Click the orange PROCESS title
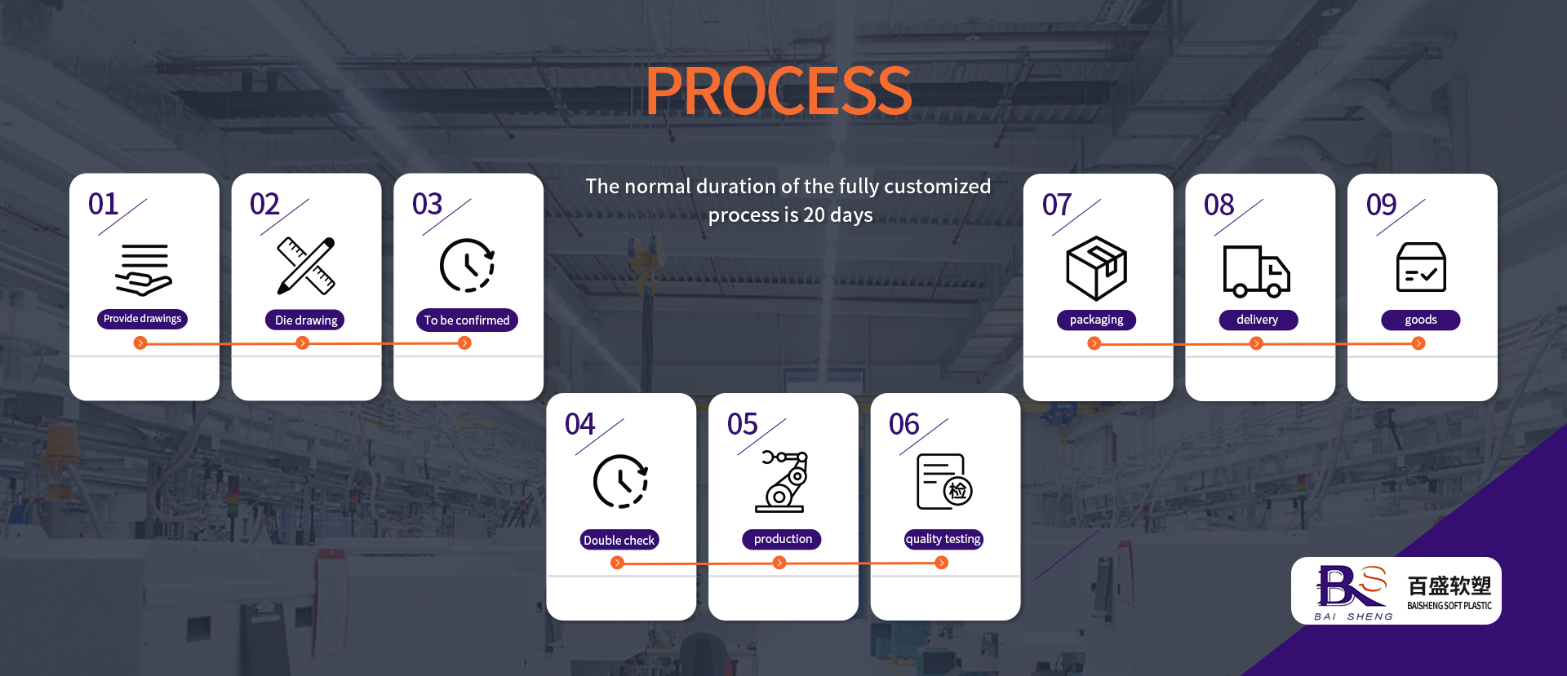[x=779, y=91]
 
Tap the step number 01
[x=104, y=204]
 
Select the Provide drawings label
[x=143, y=319]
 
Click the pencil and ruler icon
[x=306, y=266]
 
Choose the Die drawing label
[x=305, y=320]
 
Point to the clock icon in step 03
[x=467, y=265]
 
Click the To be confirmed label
[x=467, y=320]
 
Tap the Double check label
[x=619, y=540]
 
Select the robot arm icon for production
[x=783, y=481]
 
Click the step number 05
[x=743, y=424]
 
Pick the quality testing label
[x=943, y=539]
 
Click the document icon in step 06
[x=944, y=482]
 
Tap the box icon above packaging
[x=1096, y=268]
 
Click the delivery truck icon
[x=1256, y=272]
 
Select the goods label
[x=1420, y=320]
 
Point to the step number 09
[x=1382, y=205]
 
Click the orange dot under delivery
[x=1257, y=344]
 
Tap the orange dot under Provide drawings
[x=140, y=343]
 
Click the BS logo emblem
[x=1352, y=586]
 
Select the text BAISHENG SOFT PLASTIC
[x=1449, y=606]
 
